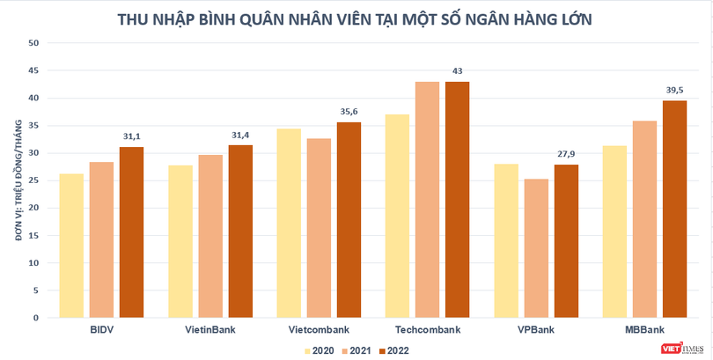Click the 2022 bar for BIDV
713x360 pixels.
pyautogui.click(x=131, y=231)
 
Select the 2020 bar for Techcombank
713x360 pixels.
pyautogui.click(x=397, y=216)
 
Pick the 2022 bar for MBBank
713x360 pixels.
pyautogui.click(x=674, y=209)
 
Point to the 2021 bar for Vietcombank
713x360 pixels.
pyautogui.click(x=319, y=228)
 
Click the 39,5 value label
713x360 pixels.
pyautogui.click(x=674, y=89)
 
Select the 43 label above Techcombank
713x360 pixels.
pyautogui.click(x=457, y=70)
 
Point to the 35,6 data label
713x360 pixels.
pyautogui.click(x=349, y=111)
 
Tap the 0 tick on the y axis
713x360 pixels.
pyautogui.click(x=37, y=317)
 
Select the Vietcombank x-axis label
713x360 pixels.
pyautogui.click(x=319, y=329)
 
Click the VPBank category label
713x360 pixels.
pyautogui.click(x=536, y=329)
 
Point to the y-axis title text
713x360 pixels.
pyautogui.click(x=11, y=180)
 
